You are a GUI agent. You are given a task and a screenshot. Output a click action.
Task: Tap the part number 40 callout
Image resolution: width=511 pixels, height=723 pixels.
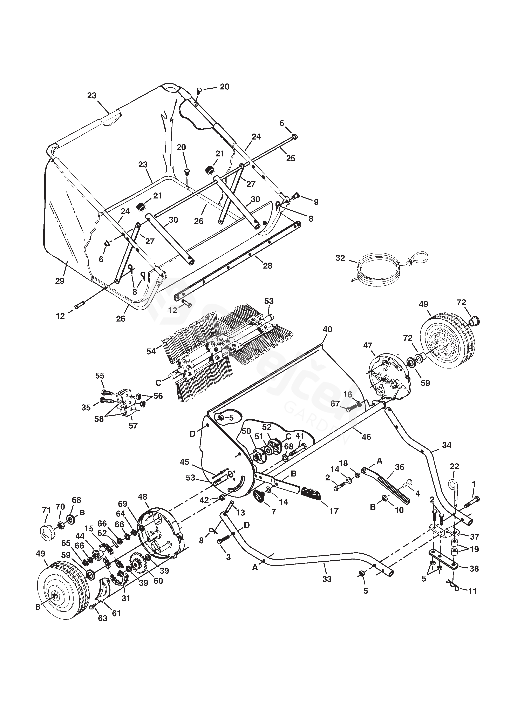click(327, 329)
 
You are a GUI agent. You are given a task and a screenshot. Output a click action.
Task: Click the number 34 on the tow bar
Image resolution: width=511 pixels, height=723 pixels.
click(447, 445)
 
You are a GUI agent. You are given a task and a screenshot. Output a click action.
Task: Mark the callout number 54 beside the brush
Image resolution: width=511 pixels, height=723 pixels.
click(151, 351)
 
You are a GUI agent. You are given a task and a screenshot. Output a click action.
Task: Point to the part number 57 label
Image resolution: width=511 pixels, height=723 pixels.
click(133, 426)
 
